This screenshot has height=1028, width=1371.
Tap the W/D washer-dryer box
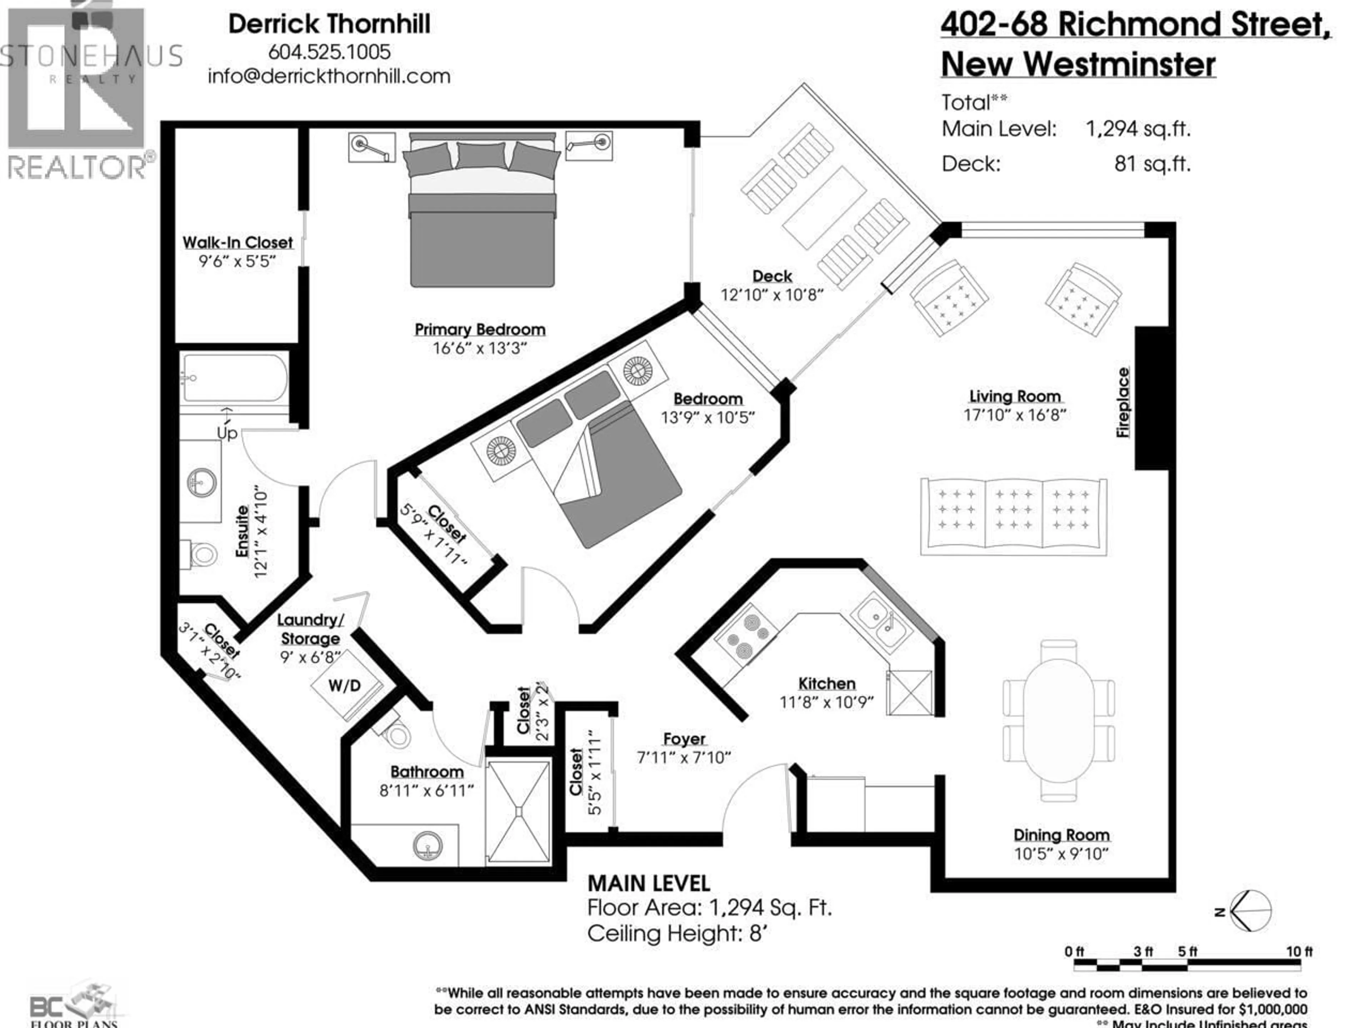345,685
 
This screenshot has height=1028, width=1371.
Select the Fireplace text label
1123,402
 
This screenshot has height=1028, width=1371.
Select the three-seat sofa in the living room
1013,516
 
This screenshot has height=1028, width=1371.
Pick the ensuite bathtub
234,378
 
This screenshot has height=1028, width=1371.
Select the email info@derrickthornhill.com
329,76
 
